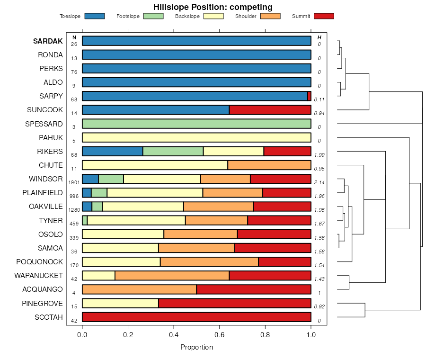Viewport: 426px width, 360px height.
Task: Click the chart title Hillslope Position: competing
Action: tap(213, 7)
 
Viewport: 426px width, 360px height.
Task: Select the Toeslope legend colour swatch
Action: tap(94, 16)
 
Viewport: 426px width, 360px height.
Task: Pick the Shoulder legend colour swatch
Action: tap(270, 16)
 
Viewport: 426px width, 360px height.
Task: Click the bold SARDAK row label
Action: tap(48, 41)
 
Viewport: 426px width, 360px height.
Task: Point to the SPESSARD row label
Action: tap(44, 124)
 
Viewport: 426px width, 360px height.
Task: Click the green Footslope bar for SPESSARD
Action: tap(196, 124)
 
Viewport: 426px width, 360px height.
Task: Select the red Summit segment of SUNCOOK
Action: tap(270, 110)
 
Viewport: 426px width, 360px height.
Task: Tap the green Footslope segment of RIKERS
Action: tap(173, 152)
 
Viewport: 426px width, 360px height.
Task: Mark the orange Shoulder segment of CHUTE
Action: tap(269, 165)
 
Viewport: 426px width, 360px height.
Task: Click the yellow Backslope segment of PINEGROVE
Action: tap(120, 303)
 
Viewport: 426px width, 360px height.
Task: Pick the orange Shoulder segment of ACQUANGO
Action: tap(139, 289)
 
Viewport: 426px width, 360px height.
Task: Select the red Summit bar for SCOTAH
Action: tap(196, 317)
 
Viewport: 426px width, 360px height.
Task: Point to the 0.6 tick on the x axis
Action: tap(220, 334)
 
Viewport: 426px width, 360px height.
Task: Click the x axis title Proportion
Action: tap(196, 347)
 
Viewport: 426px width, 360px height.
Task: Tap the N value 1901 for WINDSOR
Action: tap(74, 182)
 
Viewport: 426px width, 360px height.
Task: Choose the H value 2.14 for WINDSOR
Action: tap(319, 182)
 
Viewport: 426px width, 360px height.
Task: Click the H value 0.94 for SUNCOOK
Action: tap(319, 113)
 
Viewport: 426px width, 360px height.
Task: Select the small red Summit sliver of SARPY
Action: tap(309, 96)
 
